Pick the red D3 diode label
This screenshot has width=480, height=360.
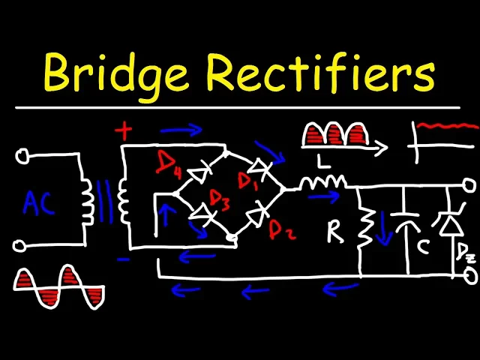click(x=219, y=199)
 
